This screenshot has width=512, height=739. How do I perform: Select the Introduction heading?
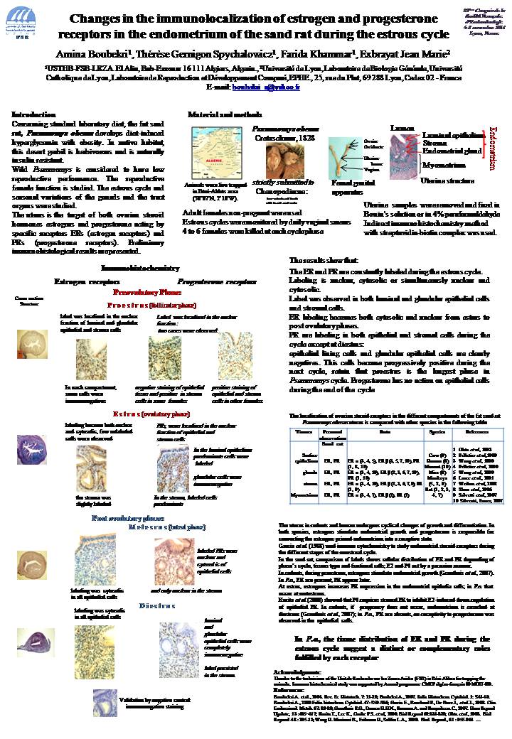(34, 114)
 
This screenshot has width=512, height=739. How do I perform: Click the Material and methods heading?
(220, 114)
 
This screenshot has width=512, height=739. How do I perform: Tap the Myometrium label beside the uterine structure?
(439, 164)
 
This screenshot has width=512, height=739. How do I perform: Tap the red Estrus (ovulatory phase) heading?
(151, 414)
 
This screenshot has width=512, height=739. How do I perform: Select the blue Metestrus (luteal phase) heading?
(158, 527)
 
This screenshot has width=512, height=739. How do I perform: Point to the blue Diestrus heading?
(157, 605)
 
